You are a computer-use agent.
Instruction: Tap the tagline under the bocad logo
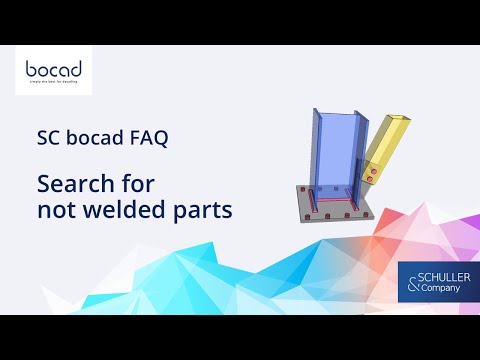pos(54,86)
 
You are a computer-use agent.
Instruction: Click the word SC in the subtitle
pos(49,139)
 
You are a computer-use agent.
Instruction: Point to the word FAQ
pos(149,139)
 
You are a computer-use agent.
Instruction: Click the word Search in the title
pos(73,185)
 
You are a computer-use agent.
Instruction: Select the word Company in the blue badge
pos(441,289)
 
